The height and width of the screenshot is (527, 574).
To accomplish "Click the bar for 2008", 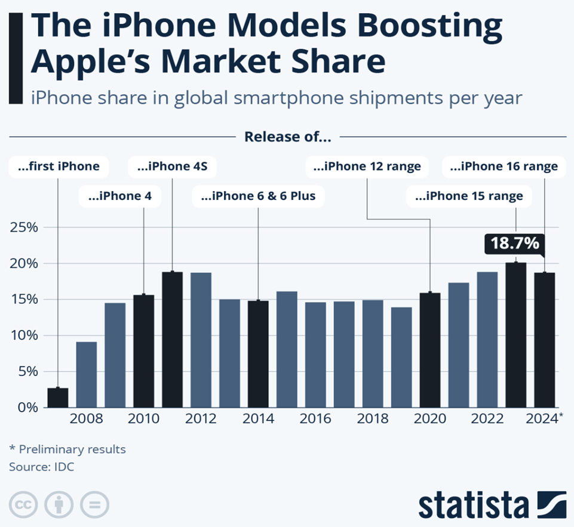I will click(87, 374).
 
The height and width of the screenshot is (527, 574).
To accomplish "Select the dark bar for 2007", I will click(58, 397).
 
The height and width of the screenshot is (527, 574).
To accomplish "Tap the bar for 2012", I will click(201, 340).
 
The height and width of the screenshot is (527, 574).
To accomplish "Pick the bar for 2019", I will click(401, 358).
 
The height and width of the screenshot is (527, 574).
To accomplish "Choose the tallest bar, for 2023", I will click(516, 335).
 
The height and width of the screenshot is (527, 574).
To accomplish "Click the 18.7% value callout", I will click(515, 244).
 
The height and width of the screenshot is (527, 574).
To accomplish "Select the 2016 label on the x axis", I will click(315, 418).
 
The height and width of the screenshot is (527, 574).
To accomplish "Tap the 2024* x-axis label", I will click(544, 418).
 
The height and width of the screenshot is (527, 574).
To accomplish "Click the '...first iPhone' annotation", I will click(59, 167).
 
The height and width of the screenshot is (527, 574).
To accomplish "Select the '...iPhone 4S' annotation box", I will click(172, 167).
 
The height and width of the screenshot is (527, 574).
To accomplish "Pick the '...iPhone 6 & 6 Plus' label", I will click(258, 195).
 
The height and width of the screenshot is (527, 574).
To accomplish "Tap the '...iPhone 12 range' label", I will click(367, 167).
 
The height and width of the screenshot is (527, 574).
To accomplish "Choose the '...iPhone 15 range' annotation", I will click(468, 195).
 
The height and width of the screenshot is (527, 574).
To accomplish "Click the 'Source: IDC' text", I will click(41, 467).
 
